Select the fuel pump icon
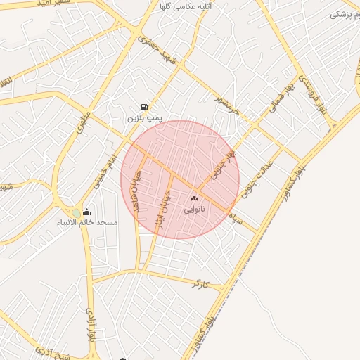(144, 108)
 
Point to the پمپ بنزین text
(144, 118)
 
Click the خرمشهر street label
(229, 105)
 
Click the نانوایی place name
(194, 209)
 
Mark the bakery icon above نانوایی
(194, 199)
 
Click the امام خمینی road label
(103, 172)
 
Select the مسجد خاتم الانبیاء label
(88, 222)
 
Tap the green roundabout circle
(76, 213)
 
